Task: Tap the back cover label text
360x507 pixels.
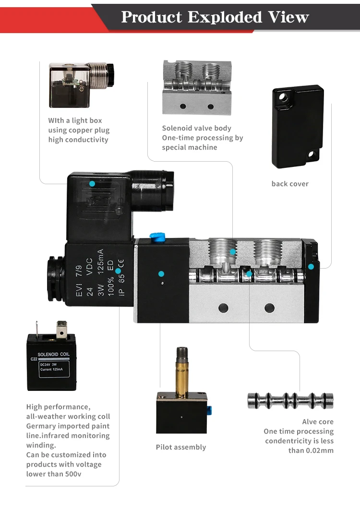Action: (290, 184)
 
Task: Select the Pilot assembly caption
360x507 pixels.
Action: (181, 447)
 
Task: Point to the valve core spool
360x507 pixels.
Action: (290, 401)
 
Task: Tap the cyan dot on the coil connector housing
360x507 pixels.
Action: (92, 183)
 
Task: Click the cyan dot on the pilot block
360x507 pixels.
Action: (161, 273)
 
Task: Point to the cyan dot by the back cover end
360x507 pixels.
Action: (311, 266)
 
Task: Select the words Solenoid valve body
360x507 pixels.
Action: (196, 128)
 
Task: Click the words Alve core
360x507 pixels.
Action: (318, 422)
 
